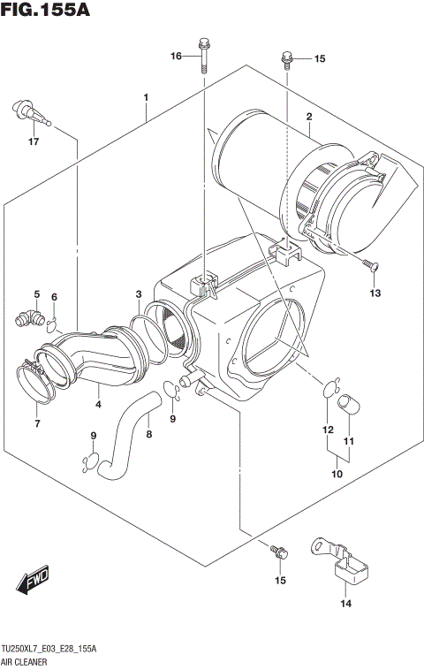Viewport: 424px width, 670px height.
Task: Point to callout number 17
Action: coord(34,141)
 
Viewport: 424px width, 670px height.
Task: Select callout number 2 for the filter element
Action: coord(309,118)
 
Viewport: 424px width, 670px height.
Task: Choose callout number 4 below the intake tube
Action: coord(98,405)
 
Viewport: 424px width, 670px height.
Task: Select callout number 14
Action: coord(345,604)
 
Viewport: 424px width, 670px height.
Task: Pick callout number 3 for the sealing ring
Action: coord(139,293)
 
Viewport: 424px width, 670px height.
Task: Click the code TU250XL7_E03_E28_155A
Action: coord(49,650)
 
